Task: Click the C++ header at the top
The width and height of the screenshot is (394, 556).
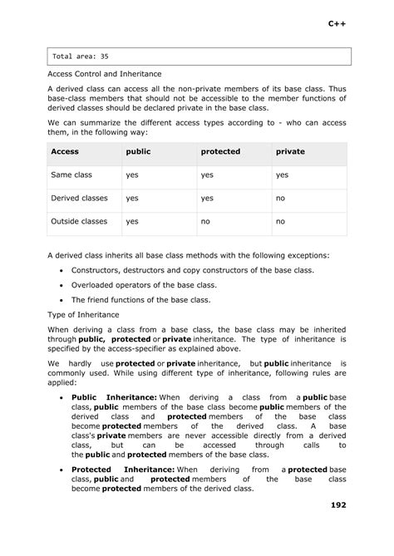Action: [x=337, y=25]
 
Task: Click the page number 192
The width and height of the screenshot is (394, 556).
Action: [x=337, y=504]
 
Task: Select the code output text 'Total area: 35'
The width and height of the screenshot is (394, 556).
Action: [x=81, y=57]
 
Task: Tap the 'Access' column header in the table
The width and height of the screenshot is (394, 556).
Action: [x=65, y=152]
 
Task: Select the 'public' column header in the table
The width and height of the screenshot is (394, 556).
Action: [x=138, y=152]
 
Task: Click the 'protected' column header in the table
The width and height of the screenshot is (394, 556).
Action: [x=220, y=152]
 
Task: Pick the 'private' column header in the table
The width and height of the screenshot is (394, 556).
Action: [x=290, y=152]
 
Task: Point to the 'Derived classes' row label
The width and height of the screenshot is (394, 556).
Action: [x=80, y=199]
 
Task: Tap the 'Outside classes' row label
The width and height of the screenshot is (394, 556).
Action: [x=80, y=222]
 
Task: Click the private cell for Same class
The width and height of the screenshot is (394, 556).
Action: [x=282, y=175]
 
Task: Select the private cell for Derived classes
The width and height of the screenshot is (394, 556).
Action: [x=280, y=199]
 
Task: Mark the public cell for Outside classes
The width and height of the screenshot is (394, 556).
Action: [x=131, y=222]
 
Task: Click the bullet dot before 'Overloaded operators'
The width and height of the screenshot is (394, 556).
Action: [x=62, y=285]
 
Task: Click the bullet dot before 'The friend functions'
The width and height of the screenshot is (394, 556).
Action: [x=62, y=300]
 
